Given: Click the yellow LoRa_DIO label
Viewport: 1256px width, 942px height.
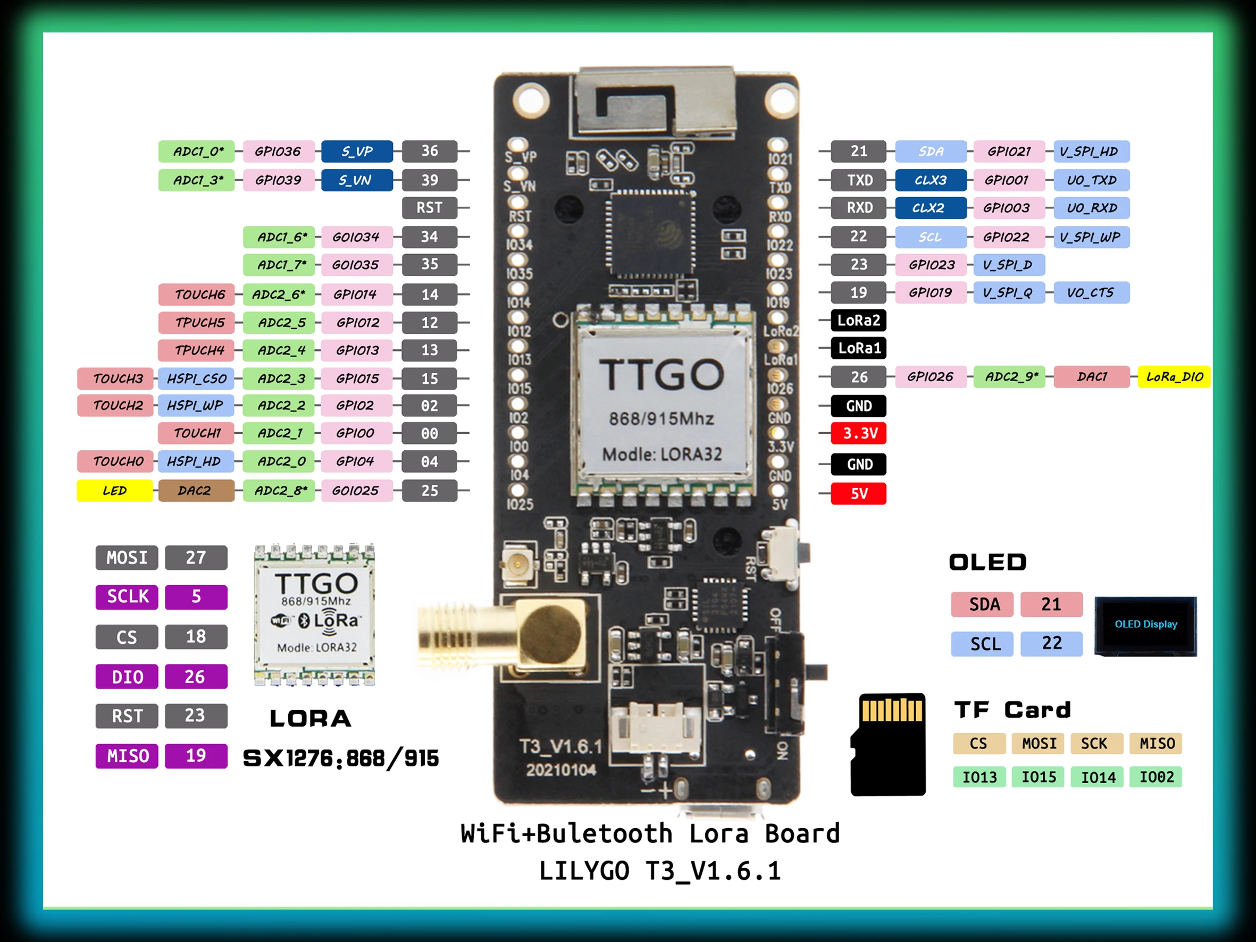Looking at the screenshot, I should click(x=1174, y=376).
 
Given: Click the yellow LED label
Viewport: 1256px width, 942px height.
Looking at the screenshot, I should click(x=115, y=491).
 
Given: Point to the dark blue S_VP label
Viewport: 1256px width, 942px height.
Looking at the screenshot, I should click(x=357, y=152).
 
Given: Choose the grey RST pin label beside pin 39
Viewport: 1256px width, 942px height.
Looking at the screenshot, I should click(x=429, y=208).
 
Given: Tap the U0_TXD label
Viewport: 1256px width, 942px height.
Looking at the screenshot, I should click(x=1091, y=180).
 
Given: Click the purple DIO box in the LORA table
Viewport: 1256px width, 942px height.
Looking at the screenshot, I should click(x=127, y=677).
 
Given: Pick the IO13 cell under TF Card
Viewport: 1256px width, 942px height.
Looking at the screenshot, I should click(x=979, y=777).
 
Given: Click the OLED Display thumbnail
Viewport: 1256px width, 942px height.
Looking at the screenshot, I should click(x=1145, y=625).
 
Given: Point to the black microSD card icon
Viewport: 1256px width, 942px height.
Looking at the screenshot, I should click(x=889, y=744).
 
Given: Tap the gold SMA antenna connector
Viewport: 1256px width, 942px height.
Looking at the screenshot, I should click(x=500, y=636).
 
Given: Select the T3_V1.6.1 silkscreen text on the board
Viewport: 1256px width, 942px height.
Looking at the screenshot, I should click(x=560, y=747).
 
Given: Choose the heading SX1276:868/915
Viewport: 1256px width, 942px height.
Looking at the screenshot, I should click(x=341, y=758).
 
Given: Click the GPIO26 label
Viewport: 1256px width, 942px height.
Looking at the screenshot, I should click(x=930, y=376).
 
